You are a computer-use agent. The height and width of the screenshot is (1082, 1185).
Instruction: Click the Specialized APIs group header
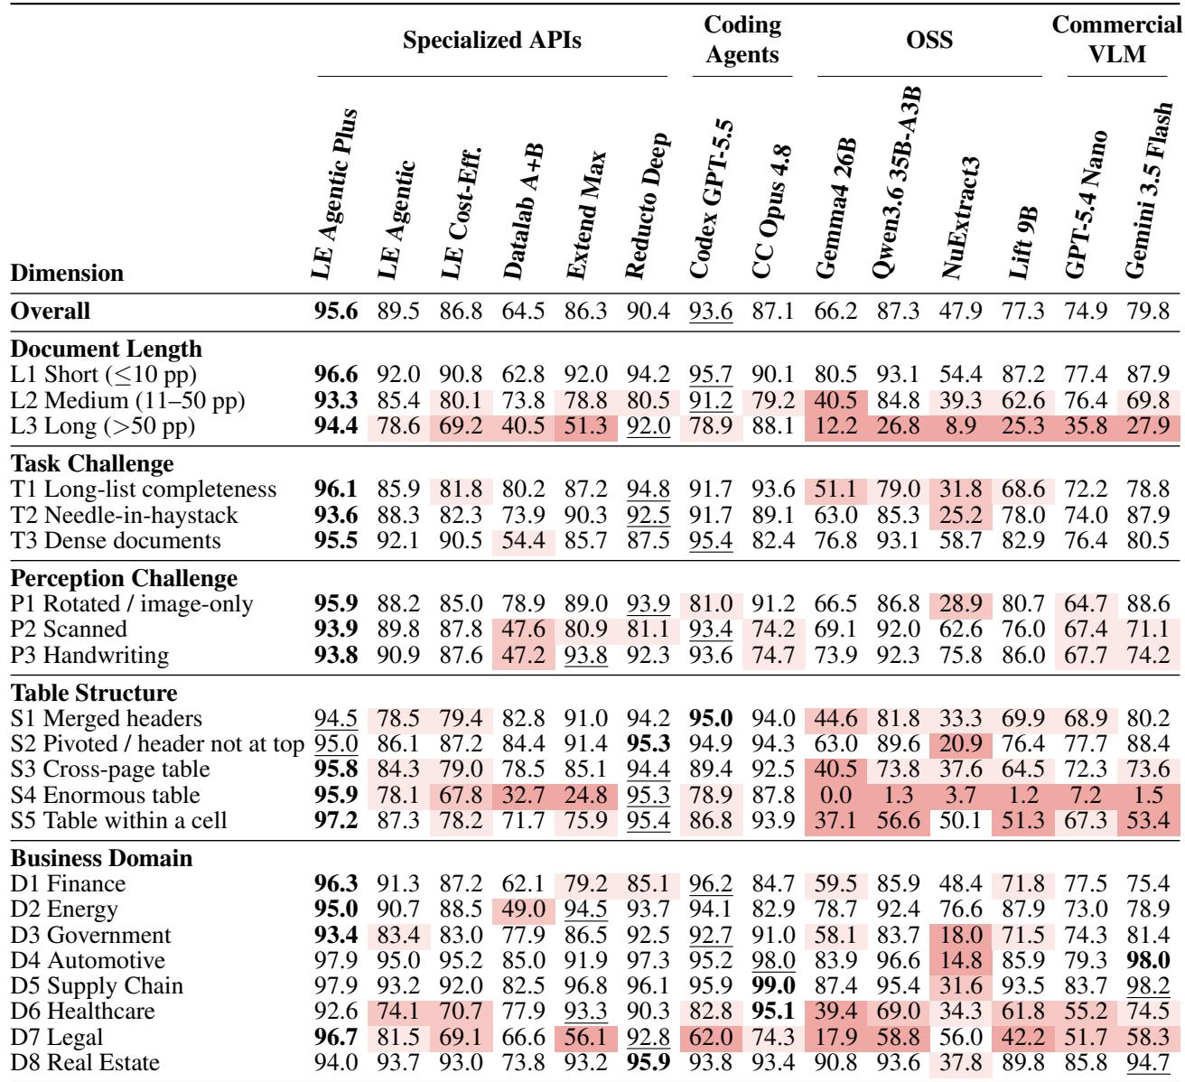[491, 40]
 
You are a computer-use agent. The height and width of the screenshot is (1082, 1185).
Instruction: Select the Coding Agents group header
[742, 39]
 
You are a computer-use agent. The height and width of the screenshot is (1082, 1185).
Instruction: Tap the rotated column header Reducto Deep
[647, 205]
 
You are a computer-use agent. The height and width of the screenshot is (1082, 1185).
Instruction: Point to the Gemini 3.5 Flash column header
[1148, 190]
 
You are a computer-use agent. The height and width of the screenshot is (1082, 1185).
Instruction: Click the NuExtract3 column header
[960, 218]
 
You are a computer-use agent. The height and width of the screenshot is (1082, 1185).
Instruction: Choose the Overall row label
[51, 311]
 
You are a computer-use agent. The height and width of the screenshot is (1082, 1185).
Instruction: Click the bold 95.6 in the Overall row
[335, 311]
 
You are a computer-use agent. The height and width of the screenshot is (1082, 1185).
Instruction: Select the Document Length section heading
[107, 349]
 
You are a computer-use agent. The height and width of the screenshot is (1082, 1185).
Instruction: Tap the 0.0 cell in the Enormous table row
[835, 795]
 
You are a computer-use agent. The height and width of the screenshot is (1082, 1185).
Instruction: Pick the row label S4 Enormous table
[105, 795]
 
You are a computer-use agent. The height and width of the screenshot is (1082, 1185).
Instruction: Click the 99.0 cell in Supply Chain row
[772, 985]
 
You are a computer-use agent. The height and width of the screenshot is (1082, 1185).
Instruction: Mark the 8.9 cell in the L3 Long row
[960, 425]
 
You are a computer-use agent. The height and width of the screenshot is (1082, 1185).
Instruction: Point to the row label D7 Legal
[57, 1037]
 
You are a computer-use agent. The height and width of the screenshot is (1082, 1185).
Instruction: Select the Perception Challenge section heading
[124, 578]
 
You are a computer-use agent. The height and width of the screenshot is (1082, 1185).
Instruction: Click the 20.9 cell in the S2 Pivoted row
[960, 743]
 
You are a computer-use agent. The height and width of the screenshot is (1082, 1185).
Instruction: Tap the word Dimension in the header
[67, 273]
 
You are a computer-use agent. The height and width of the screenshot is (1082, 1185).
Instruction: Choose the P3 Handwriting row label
[89, 655]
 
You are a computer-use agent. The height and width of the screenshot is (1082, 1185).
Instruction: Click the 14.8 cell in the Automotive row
[960, 960]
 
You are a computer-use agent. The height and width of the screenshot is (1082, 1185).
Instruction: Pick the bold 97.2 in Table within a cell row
[335, 820]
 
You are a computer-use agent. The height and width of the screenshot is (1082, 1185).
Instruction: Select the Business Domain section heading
[101, 858]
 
